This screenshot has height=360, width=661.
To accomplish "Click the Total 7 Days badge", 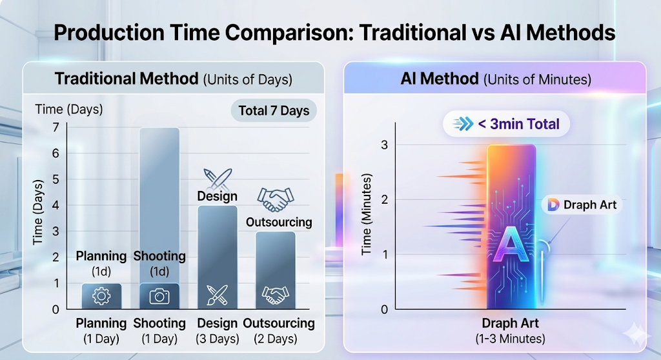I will pos(274,110).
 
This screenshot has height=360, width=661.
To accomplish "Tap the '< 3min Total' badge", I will pos(506,124).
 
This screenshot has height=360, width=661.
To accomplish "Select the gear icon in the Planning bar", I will pos(101,296).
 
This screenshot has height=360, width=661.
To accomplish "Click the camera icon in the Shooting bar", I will pos(159,296).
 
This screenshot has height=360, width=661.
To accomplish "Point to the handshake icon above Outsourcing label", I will pos(275,199).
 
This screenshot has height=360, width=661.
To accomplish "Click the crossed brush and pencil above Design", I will pos(217,177).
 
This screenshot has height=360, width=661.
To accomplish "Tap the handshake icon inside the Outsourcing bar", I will pos(275,295).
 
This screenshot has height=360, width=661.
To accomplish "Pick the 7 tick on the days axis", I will pos(56,128).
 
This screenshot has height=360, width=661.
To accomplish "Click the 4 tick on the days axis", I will pos(56,205).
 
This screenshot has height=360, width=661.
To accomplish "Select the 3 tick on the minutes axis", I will pos(385,145).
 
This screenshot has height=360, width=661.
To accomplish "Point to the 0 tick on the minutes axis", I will pos(385,309).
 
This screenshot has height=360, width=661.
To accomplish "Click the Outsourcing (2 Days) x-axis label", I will pos(278,330).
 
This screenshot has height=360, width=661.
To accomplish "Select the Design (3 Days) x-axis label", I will pos(218,330).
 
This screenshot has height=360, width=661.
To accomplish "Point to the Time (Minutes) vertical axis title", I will pos(367,214).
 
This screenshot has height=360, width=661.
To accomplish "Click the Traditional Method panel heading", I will pos(173,79).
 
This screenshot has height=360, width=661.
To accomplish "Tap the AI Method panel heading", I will pos(496,79).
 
